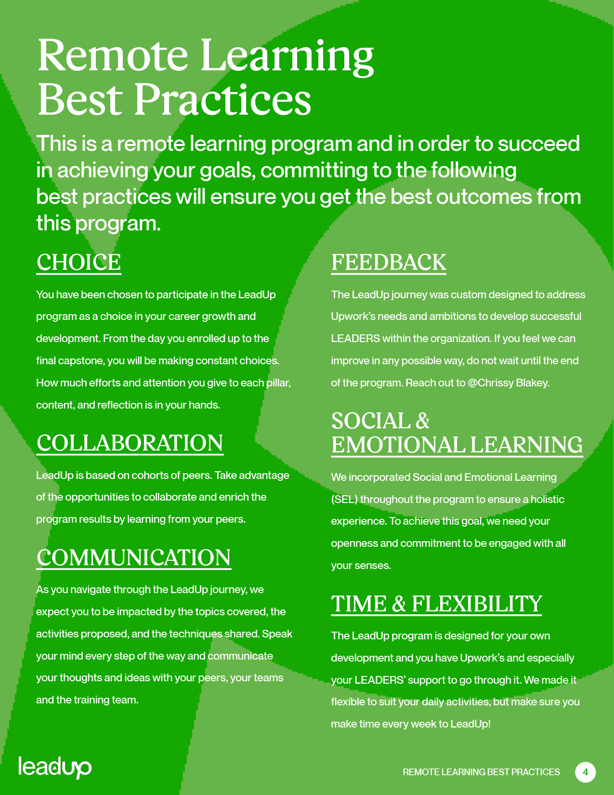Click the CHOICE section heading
coord(78,263)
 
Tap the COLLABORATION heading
coord(130,443)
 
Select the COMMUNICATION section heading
coord(133,558)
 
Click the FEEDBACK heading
coord(389,263)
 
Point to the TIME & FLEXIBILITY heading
coord(436,604)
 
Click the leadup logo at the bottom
coord(55,767)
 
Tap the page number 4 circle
coord(585,772)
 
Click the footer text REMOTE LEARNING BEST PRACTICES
coord(481,772)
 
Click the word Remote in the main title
coord(112,55)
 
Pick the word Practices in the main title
coord(222,100)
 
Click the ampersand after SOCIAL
coord(422,421)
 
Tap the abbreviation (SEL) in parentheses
coord(344,500)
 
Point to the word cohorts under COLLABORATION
coord(150,476)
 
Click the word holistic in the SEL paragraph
coord(547,500)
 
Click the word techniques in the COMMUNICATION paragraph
coord(196,634)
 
